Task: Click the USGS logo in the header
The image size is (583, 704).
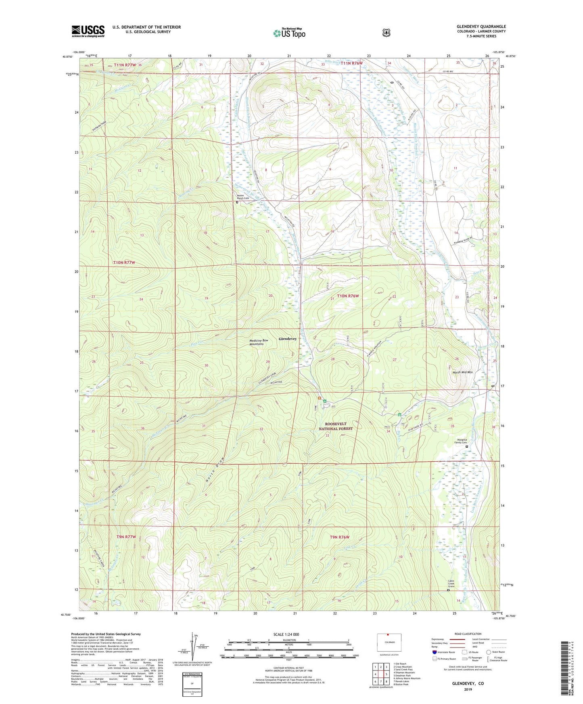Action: coord(88,31)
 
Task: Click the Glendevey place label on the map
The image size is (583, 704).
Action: coord(288,339)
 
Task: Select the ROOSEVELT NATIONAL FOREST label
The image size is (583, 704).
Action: coord(336,426)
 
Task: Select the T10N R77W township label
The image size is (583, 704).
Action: coord(124,262)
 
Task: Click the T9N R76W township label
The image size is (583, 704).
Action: coord(339,537)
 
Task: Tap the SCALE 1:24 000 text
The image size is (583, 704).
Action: coord(286,634)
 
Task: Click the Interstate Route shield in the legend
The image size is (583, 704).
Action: coord(434,652)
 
